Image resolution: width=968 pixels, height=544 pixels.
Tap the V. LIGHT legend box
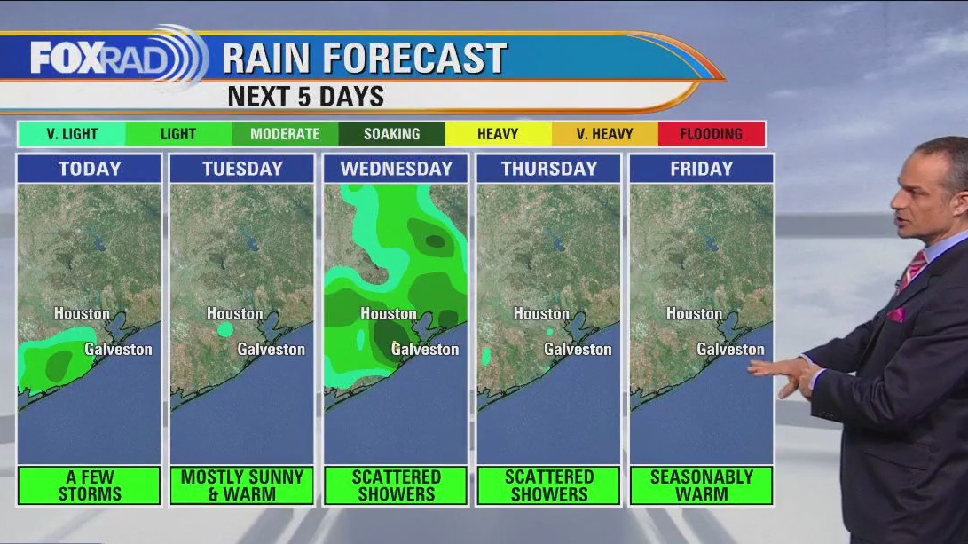pyautogui.click(x=72, y=134)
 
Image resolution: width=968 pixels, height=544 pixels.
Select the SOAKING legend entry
pyautogui.click(x=391, y=134)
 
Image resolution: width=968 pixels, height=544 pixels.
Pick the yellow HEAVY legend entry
pyautogui.click(x=498, y=134)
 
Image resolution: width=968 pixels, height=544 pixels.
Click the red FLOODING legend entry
pyautogui.click(x=711, y=134)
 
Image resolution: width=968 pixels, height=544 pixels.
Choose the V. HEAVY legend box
pyautogui.click(x=604, y=134)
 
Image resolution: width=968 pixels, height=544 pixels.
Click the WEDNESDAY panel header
pyautogui.click(x=396, y=169)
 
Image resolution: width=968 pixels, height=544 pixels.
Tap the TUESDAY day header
pyautogui.click(x=242, y=169)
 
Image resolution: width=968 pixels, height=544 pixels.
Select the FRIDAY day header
pyautogui.click(x=701, y=169)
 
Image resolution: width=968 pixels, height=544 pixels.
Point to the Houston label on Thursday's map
pyautogui.click(x=541, y=314)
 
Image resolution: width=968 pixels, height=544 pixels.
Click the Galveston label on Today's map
pyautogui.click(x=119, y=350)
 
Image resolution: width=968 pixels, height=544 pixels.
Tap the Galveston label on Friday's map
pyautogui.click(x=730, y=350)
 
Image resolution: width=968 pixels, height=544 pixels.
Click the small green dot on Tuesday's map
pyautogui.click(x=225, y=329)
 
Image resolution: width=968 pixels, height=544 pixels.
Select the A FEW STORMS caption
pyautogui.click(x=90, y=485)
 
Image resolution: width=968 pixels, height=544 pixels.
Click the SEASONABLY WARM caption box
pyautogui.click(x=701, y=485)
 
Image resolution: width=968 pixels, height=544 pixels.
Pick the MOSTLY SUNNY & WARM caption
pyautogui.click(x=242, y=485)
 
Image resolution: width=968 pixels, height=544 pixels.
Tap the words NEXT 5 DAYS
pyautogui.click(x=306, y=97)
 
